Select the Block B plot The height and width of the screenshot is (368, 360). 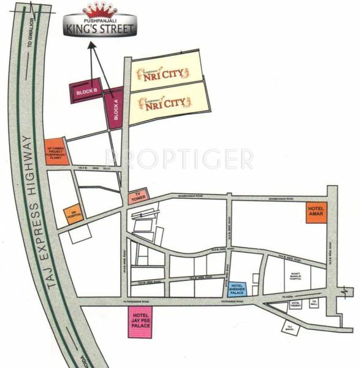pyautogui.click(x=86, y=92)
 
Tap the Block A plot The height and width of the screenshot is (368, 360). pyautogui.click(x=114, y=109)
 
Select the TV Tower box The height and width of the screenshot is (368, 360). pyautogui.click(x=137, y=197)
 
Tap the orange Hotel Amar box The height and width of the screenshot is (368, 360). pyautogui.click(x=316, y=213)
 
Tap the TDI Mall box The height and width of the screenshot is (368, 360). pyautogui.click(x=314, y=302)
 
